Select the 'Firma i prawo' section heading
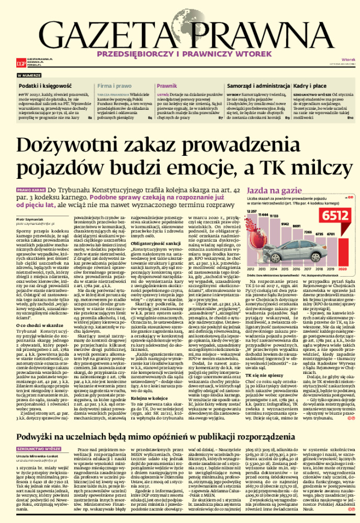pos(115,84)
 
